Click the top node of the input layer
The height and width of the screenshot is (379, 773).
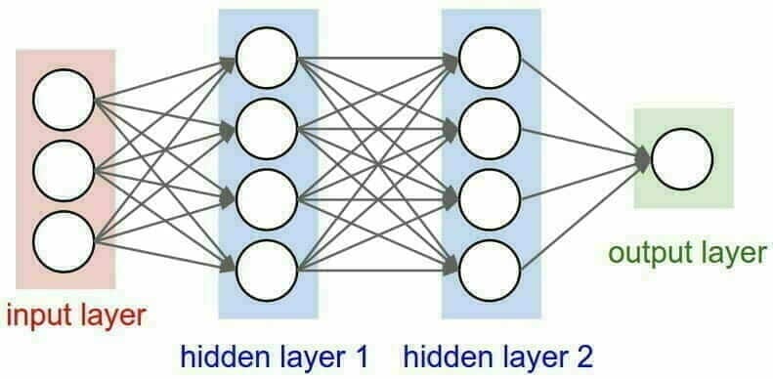pyautogui.click(x=64, y=100)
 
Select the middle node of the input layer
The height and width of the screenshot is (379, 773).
pyautogui.click(x=64, y=169)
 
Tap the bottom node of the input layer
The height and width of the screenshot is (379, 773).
pyautogui.click(x=64, y=237)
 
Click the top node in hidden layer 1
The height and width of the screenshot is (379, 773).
pyautogui.click(x=266, y=56)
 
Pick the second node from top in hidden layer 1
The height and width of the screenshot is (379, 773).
pyautogui.click(x=266, y=124)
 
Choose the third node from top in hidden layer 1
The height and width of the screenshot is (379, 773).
pyautogui.click(x=266, y=193)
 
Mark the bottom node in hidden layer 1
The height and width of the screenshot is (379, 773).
pyautogui.click(x=266, y=263)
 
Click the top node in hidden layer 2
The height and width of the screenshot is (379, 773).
pyautogui.click(x=490, y=56)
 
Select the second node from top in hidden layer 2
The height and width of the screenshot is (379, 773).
pyautogui.click(x=490, y=124)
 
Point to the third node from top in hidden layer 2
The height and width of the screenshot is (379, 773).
pyautogui.click(x=490, y=193)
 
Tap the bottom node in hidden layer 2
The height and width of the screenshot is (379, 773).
pyautogui.click(x=490, y=263)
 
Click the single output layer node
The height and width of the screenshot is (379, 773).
pyautogui.click(x=682, y=159)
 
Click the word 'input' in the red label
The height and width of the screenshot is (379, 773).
pyautogui.click(x=35, y=315)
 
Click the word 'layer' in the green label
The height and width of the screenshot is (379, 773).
pyautogui.click(x=729, y=254)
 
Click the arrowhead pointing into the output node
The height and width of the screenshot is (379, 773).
pyautogui.click(x=642, y=158)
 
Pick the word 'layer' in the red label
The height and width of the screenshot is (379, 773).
pyautogui.click(x=109, y=315)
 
